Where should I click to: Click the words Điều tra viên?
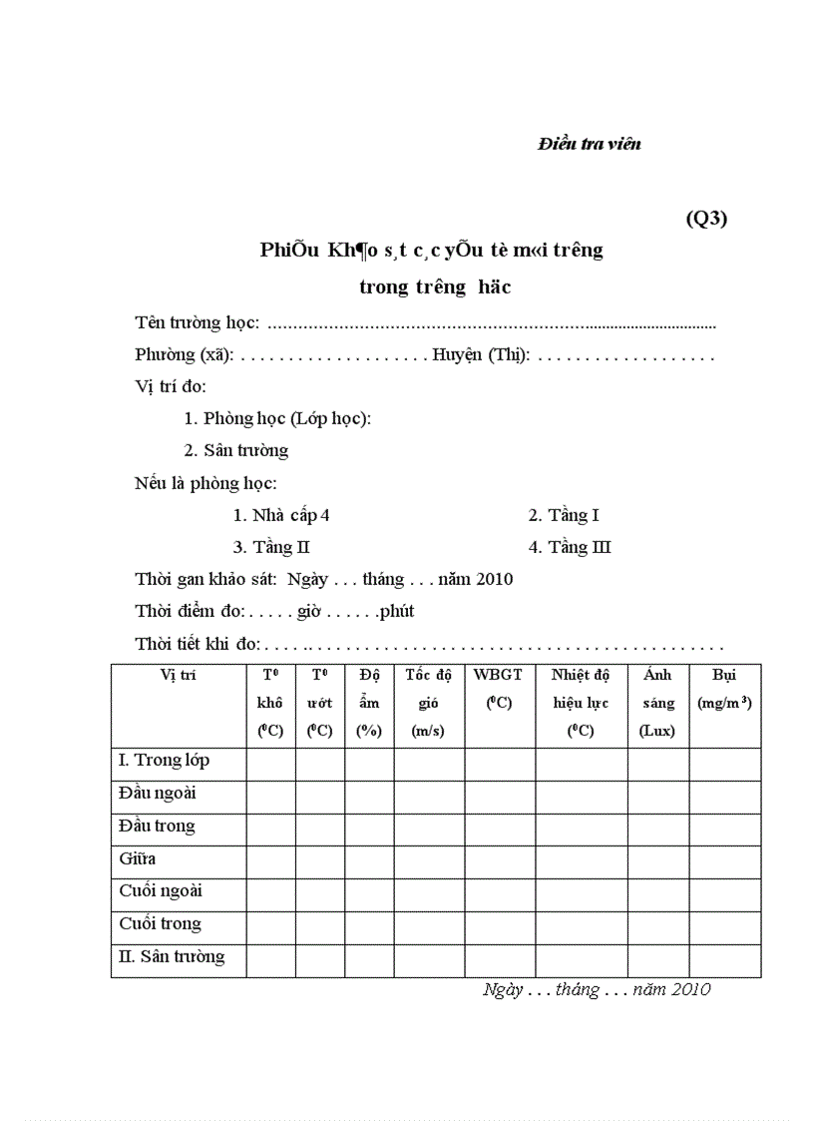coord(589,144)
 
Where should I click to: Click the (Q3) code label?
coord(706,219)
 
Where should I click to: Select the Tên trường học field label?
coord(198,322)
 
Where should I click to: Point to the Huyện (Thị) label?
coord(481,354)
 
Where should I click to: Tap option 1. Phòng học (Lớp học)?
coord(277,418)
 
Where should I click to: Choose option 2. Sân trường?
coord(236,450)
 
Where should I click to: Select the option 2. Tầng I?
coord(564,515)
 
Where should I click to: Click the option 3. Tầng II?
coord(271,547)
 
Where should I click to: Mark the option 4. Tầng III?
coord(570,547)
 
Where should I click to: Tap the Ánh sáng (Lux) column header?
coord(657,703)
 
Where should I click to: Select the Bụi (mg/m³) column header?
coord(724,689)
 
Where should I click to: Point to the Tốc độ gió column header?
coord(428,703)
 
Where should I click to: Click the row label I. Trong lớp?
coord(164,761)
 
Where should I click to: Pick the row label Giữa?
coord(137,858)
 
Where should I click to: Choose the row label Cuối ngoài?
coord(161,890)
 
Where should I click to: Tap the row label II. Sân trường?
coord(172,956)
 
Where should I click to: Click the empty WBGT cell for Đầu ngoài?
coord(499,797)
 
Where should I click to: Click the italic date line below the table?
coord(597,989)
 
